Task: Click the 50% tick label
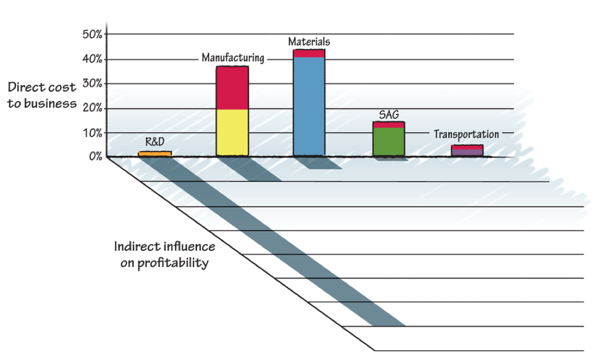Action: pos(93,35)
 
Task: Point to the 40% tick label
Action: pos(93,59)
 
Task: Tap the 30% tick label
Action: pos(93,84)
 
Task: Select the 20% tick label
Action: pos(93,108)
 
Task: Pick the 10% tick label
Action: pos(93,133)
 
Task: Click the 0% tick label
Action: pos(96,157)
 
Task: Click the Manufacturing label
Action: pos(233,58)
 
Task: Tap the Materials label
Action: pos(309,42)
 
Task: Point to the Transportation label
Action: pos(466,134)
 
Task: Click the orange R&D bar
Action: pos(155,154)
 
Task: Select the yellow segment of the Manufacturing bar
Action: pos(233,132)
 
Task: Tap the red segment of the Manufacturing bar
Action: pos(233,88)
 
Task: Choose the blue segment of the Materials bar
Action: pos(309,105)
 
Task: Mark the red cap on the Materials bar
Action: pos(309,53)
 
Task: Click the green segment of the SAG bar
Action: pos(389,142)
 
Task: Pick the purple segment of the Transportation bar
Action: pos(467,152)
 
